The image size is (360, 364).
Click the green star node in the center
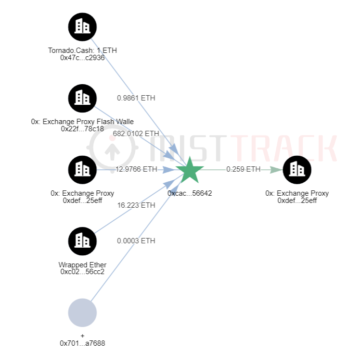tap(190, 170)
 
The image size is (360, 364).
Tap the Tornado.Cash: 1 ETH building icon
tap(82, 26)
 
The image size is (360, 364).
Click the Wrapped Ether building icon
tap(82, 241)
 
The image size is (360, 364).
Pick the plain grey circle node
tap(82, 313)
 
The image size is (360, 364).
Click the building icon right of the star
tap(297, 169)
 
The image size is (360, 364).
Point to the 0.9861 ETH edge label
tap(136, 98)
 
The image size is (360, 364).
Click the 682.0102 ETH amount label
tap(136, 133)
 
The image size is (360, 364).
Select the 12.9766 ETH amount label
tap(136, 169)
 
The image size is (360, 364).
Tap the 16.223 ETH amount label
tap(136, 205)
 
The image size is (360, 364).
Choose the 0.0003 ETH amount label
tap(136, 240)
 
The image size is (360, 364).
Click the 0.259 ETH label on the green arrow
tap(243, 169)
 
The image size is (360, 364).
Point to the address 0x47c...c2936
tap(82, 58)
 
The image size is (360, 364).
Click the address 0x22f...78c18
tap(82, 129)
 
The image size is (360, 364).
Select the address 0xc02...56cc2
tap(82, 272)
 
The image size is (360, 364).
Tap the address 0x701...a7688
tap(82, 343)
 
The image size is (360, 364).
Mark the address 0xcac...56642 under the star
tap(190, 193)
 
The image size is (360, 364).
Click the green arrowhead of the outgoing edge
tap(276, 169)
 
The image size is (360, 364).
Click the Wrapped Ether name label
tap(82, 265)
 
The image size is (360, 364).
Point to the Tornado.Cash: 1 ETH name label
tap(82, 50)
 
